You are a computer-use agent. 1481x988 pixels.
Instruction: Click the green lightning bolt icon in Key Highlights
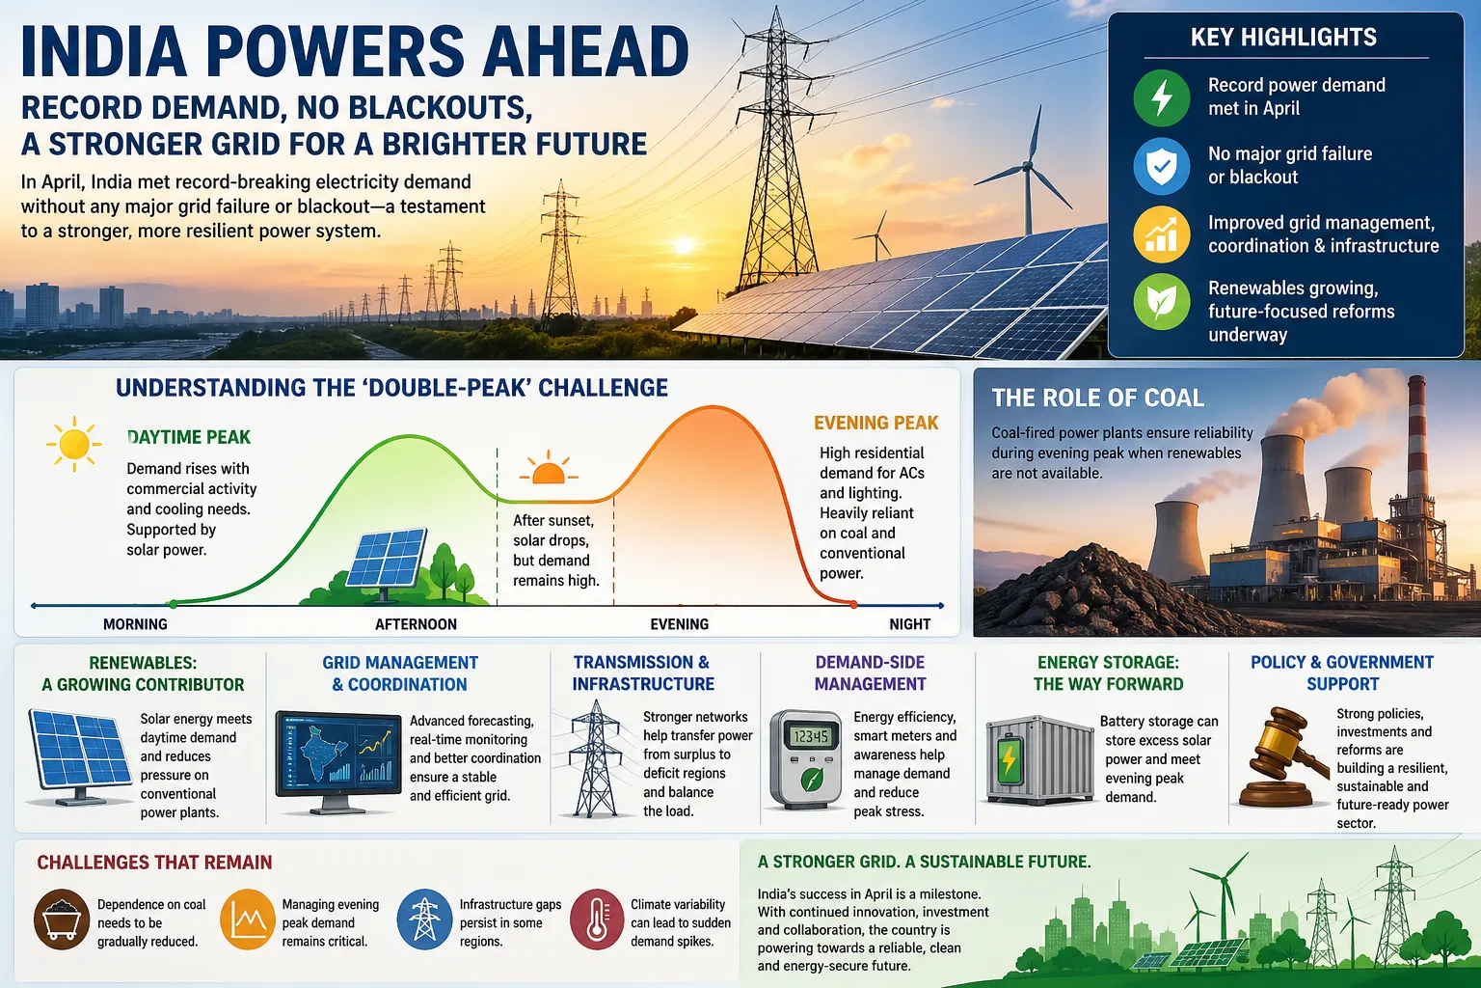tap(1161, 98)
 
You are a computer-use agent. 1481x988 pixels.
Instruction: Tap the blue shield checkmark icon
tap(1161, 166)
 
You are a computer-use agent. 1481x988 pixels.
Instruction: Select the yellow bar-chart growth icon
tap(1161, 234)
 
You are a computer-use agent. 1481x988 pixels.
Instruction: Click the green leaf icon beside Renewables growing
tap(1161, 302)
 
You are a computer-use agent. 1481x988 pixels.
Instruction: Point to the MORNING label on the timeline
tap(136, 624)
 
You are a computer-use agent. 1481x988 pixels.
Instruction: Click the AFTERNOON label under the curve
tap(416, 624)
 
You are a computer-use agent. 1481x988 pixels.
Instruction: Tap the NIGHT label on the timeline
tap(910, 624)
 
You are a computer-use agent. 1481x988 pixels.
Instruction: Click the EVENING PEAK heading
tap(876, 423)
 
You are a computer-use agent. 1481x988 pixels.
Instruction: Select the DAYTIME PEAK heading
tap(188, 437)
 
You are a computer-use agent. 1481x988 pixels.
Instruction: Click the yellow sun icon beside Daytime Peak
tap(73, 444)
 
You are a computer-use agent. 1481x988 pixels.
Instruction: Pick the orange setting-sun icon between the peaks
tap(548, 468)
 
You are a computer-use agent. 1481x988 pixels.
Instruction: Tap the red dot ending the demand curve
tap(853, 605)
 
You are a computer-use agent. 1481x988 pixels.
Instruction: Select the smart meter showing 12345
tap(806, 759)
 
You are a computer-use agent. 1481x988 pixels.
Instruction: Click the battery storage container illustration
tap(1039, 760)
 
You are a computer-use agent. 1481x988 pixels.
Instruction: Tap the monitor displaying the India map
tap(337, 762)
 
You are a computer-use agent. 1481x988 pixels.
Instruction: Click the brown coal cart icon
tap(62, 919)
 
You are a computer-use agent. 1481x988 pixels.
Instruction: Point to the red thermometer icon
tap(597, 919)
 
